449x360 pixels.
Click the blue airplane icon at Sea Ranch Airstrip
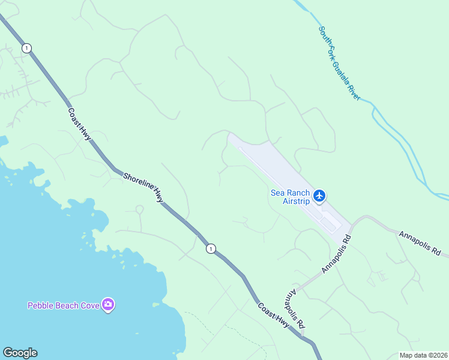(319, 195)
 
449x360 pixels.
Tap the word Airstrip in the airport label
(296, 202)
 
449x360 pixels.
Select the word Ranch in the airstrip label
(299, 193)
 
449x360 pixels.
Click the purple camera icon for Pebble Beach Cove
(108, 305)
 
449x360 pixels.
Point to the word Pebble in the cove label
(41, 305)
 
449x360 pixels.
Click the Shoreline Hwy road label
(143, 187)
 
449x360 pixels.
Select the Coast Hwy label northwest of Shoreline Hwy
(79, 124)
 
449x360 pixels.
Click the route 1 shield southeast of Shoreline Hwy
(211, 248)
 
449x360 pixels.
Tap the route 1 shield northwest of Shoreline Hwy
(26, 48)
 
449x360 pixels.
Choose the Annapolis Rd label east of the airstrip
(420, 242)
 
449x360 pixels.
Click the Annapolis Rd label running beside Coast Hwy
(294, 309)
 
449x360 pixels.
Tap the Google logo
(20, 353)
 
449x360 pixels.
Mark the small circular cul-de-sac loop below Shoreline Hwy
(139, 209)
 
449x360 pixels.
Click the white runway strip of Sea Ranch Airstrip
(282, 179)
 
